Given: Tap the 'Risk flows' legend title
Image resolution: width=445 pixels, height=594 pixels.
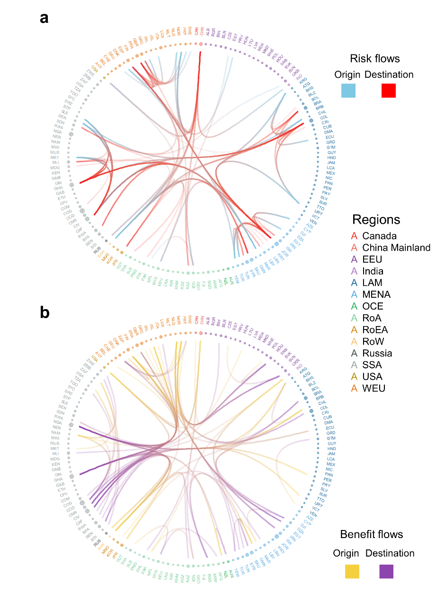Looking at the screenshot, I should point(374,58).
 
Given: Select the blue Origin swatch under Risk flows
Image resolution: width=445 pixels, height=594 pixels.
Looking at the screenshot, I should point(348,91).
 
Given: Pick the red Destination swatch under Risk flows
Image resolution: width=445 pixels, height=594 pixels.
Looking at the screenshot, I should point(389,91).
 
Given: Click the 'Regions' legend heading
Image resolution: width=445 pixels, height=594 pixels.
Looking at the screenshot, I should point(376,219).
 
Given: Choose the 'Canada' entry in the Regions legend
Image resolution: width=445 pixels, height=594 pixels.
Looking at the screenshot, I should point(379,236).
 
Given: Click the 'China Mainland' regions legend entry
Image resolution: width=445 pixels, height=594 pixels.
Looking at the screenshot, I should point(396,247).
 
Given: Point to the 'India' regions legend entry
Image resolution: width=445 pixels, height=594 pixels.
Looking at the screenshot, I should point(373,271).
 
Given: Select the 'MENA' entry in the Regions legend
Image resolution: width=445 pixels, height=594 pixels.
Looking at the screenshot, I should point(376,294).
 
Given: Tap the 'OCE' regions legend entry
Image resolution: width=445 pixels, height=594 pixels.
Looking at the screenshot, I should point(372,306).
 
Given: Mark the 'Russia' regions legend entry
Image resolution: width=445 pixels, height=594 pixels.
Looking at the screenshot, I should point(377,353).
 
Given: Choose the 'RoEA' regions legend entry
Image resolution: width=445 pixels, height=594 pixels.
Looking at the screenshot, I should point(375,329).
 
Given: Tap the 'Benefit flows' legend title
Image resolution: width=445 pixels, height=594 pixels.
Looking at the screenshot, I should point(372,534).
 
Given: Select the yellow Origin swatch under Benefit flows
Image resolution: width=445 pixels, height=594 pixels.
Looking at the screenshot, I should point(352,571).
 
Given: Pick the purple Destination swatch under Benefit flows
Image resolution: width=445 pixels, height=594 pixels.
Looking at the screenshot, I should point(386,571).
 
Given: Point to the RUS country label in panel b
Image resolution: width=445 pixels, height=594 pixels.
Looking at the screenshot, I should point(97,543).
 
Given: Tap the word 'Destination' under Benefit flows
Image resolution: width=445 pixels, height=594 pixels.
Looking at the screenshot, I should point(390,553).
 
